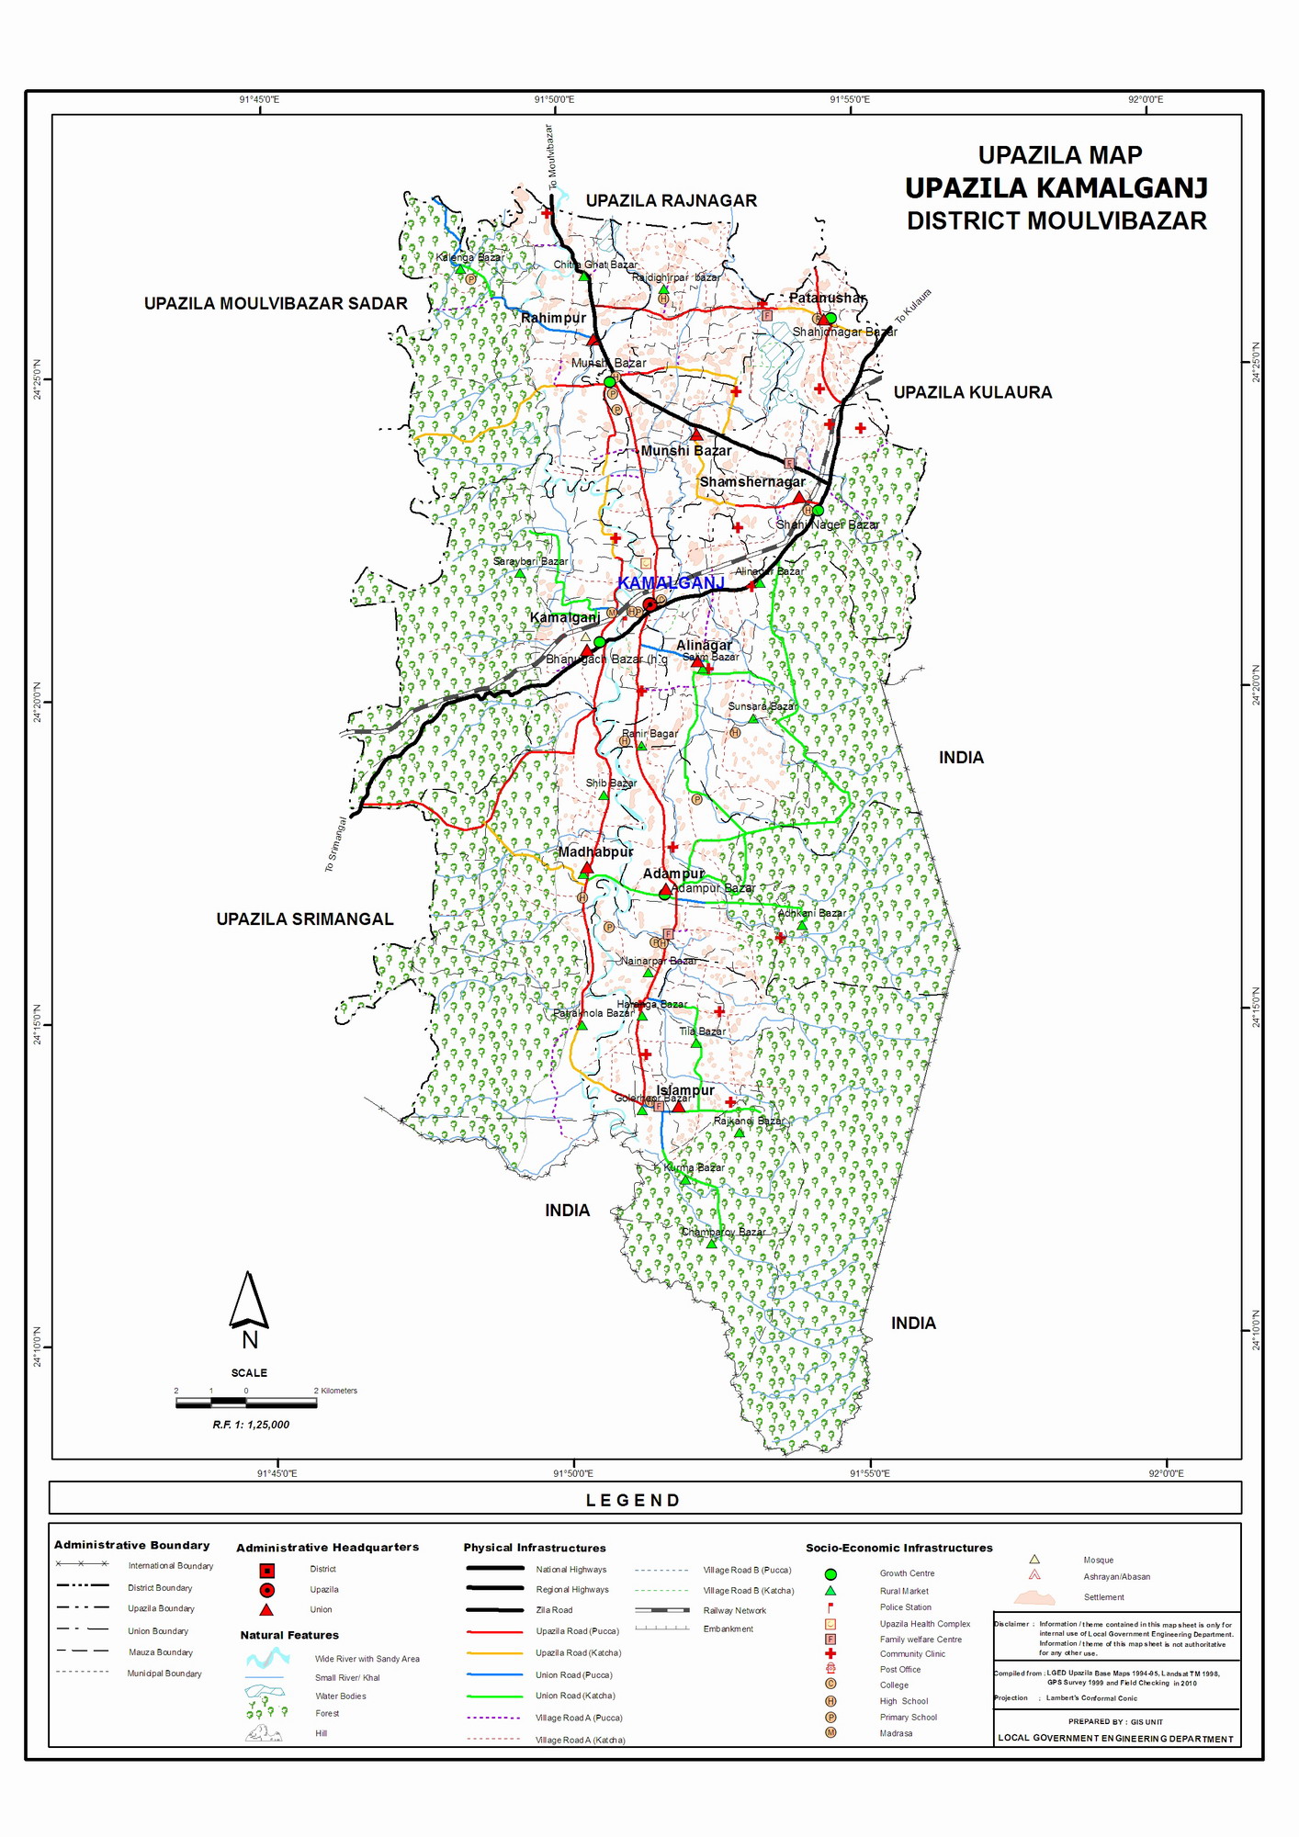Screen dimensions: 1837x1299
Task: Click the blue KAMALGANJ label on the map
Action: tap(671, 583)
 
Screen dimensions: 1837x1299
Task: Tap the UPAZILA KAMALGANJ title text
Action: tap(1056, 188)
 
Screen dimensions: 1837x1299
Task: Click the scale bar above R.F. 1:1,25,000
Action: tap(246, 1403)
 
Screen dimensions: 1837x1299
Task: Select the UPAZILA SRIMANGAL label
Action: tap(304, 919)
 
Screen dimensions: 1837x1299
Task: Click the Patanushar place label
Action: tap(827, 298)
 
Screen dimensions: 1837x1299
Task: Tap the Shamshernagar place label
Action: tap(751, 481)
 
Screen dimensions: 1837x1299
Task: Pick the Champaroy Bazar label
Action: tap(723, 1232)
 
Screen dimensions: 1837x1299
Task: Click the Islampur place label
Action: tap(685, 1090)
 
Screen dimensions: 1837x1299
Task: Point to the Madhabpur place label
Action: tap(595, 851)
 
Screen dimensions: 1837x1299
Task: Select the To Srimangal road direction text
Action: tap(335, 844)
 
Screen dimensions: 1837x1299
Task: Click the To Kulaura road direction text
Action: tap(913, 306)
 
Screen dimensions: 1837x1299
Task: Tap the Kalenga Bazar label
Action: tap(469, 257)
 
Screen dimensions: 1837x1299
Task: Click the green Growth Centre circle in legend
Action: tap(830, 1574)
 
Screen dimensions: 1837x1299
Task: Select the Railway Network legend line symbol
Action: tap(662, 1610)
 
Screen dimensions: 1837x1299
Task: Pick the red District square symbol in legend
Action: tap(266, 1570)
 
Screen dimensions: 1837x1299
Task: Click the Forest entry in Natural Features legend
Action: tap(327, 1713)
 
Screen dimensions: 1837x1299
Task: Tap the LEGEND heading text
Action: tap(633, 1501)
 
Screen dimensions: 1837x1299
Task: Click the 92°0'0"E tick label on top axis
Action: tap(1145, 99)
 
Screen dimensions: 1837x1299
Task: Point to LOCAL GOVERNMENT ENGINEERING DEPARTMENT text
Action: tap(1115, 1738)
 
